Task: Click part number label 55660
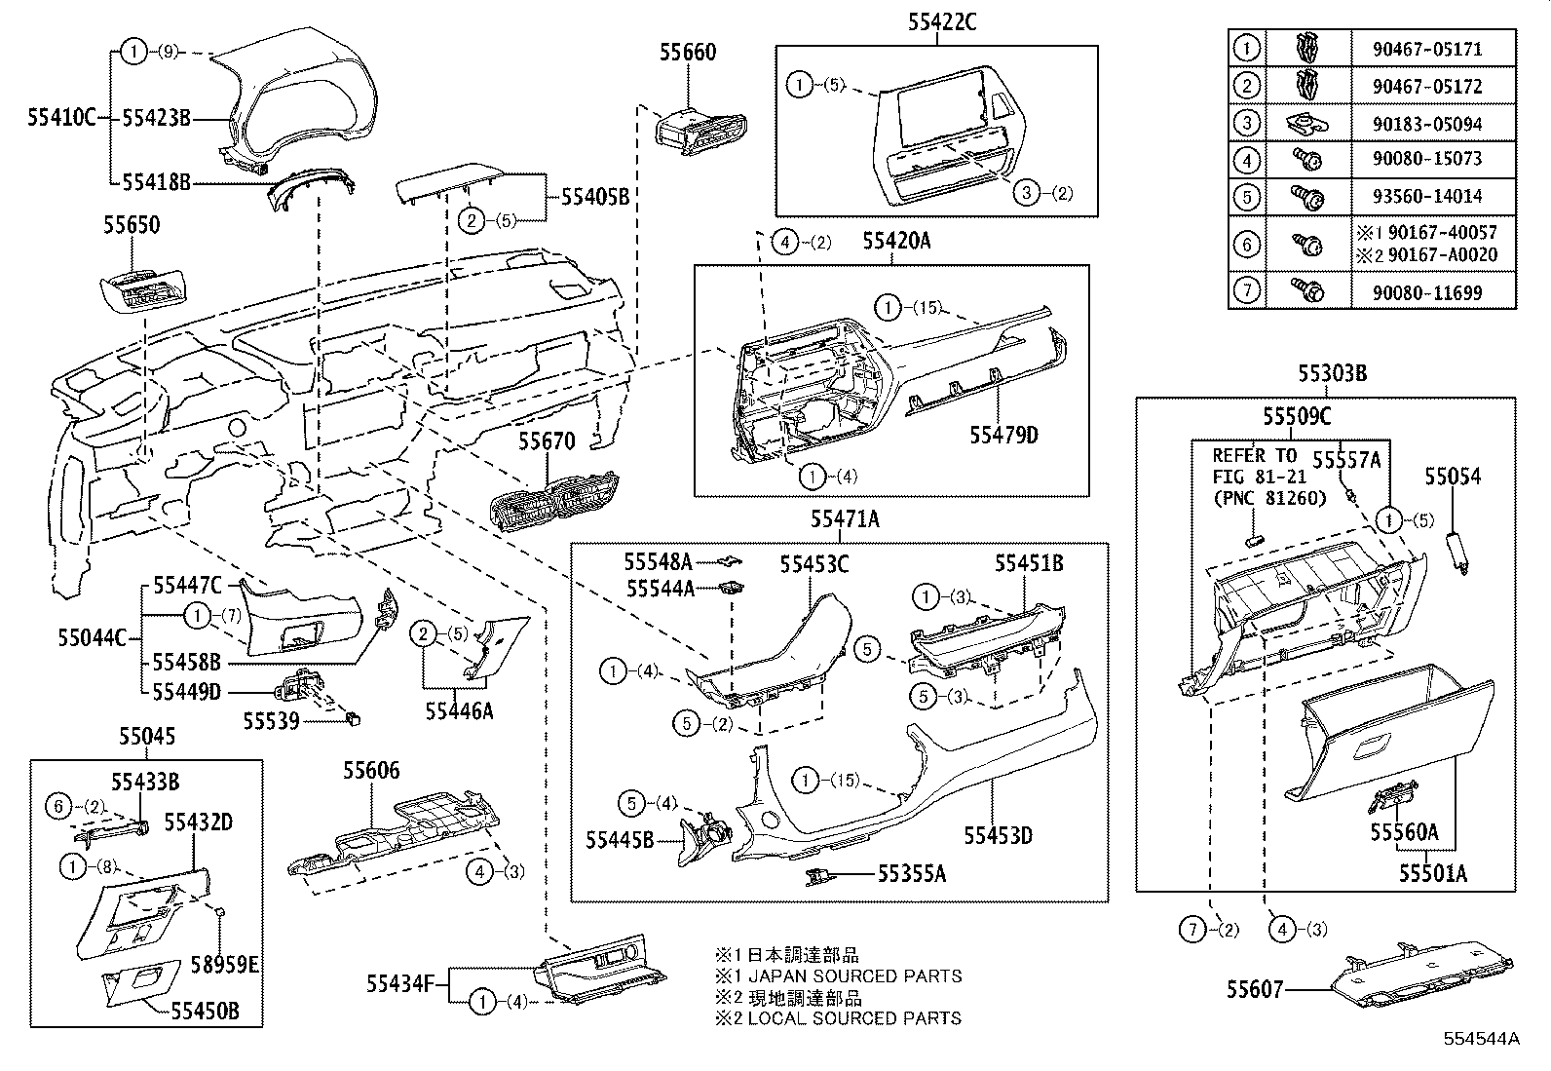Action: coord(687,53)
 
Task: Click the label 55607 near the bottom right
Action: coord(1257,990)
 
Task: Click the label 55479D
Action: coord(1002,435)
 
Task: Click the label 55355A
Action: coord(911,874)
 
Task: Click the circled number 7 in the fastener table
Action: coord(1247,290)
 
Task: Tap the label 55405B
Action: coord(594,197)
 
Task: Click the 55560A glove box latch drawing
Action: coord(1394,800)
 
